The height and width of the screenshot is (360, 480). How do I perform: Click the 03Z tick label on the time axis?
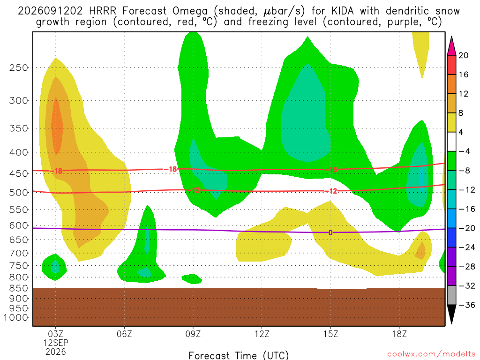(55, 334)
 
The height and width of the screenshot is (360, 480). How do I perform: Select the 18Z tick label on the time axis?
(399, 334)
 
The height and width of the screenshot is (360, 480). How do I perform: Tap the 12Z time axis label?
(262, 334)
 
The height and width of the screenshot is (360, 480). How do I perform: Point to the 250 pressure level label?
(19, 67)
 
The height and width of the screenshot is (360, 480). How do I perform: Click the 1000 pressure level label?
(16, 317)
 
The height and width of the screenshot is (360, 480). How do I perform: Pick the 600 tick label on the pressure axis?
(19, 225)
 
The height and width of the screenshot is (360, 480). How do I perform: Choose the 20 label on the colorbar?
(464, 55)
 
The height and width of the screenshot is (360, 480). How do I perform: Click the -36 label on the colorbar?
(466, 305)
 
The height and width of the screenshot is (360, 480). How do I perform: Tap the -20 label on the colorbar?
(466, 228)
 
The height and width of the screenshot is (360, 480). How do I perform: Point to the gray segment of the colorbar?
(451, 295)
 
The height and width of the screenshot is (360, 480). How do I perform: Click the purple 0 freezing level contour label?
(330, 232)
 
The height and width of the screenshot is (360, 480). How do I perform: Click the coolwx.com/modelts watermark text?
(431, 354)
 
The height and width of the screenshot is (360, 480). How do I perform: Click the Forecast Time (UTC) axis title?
(239, 355)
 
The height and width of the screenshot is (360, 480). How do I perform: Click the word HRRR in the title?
(103, 11)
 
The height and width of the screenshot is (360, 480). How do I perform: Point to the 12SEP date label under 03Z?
(55, 343)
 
